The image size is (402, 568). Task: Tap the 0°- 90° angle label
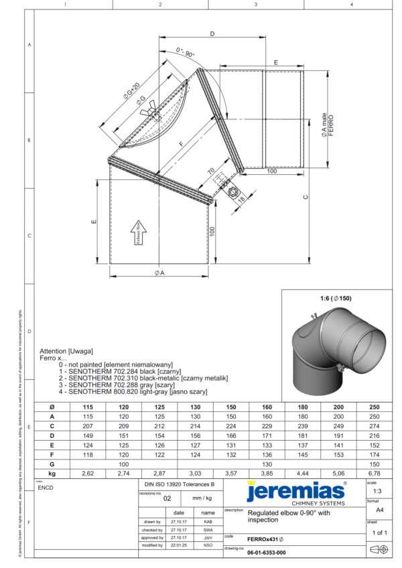pyautogui.click(x=186, y=52)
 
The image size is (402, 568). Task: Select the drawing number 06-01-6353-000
pyautogui.click(x=266, y=553)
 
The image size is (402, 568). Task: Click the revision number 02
pyautogui.click(x=167, y=498)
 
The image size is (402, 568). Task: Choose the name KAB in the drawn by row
pyautogui.click(x=208, y=520)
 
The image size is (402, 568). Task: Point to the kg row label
pyautogui.click(x=52, y=473)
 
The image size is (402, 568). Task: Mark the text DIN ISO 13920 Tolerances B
pyautogui.click(x=180, y=483)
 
